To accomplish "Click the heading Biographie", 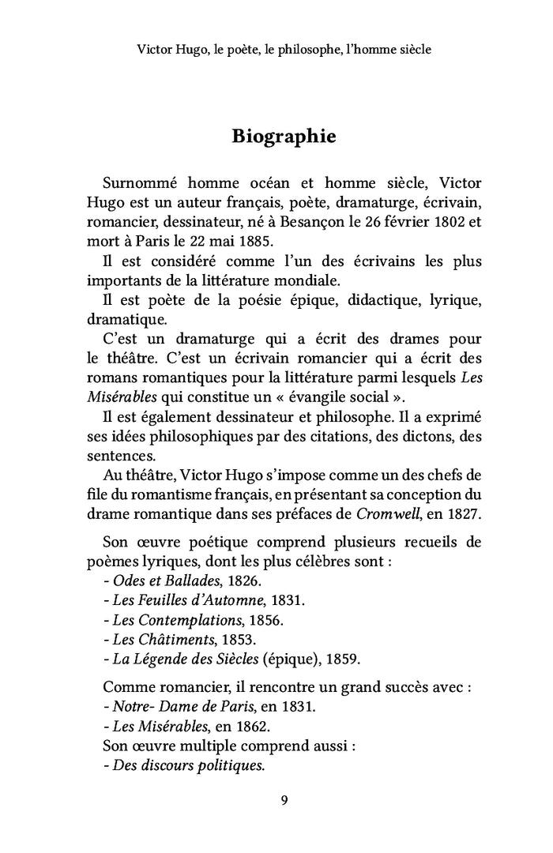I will pos(284,136).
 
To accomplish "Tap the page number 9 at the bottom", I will pos(284,801).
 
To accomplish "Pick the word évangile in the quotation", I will pos(322,396).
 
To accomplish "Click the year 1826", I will pos(239,581).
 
